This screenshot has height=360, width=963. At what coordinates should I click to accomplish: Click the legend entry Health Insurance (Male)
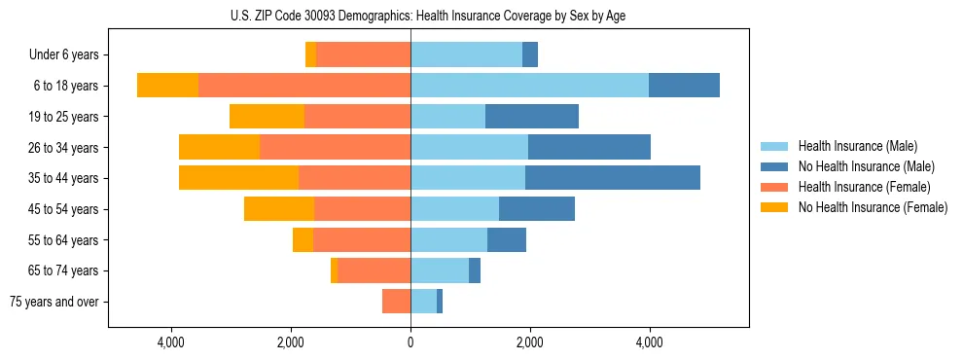pyautogui.click(x=856, y=146)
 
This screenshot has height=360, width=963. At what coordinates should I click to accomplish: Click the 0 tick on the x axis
pyautogui.click(x=410, y=342)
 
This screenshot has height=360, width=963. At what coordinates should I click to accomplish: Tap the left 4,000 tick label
pyautogui.click(x=171, y=342)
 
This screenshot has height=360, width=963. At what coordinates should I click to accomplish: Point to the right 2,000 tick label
pyautogui.click(x=530, y=342)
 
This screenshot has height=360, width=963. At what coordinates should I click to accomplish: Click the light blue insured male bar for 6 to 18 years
pyautogui.click(x=529, y=86)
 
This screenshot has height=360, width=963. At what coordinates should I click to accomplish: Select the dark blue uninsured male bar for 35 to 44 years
pyautogui.click(x=613, y=178)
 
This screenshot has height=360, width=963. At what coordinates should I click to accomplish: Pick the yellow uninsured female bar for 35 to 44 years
pyautogui.click(x=238, y=178)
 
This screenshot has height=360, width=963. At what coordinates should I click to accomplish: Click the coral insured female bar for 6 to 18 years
pyautogui.click(x=304, y=86)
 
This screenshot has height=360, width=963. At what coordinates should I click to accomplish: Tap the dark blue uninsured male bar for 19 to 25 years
pyautogui.click(x=532, y=117)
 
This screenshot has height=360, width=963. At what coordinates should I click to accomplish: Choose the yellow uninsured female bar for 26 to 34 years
pyautogui.click(x=219, y=147)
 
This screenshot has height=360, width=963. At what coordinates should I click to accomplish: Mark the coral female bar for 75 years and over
pyautogui.click(x=396, y=302)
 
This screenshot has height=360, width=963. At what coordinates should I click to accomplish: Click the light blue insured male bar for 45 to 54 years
pyautogui.click(x=454, y=209)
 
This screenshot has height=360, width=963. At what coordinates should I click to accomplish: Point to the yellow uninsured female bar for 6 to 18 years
pyautogui.click(x=167, y=86)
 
